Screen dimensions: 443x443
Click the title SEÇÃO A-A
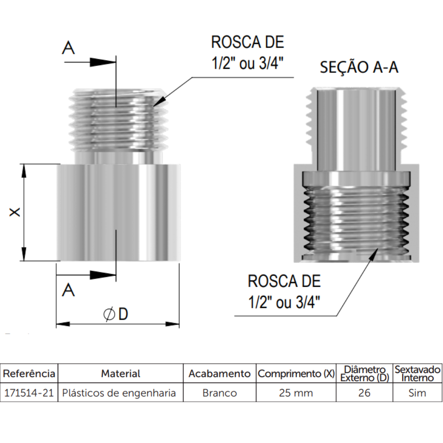tap(359, 67)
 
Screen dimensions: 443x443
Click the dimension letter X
tap(15, 213)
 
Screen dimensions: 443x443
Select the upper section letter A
tap(68, 48)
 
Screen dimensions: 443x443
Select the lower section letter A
tap(68, 290)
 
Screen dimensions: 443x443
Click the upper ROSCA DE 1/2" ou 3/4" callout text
tap(247, 53)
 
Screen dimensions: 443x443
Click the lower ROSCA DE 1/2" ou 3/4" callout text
tap(284, 292)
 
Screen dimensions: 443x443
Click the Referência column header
tap(29, 373)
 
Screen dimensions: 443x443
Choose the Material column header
tap(120, 373)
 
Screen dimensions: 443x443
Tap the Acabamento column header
tap(220, 373)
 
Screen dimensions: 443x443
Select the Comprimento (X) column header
tap(296, 373)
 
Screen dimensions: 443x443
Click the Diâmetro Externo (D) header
tap(364, 373)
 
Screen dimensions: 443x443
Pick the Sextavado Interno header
tap(417, 373)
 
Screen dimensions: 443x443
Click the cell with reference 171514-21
tap(29, 393)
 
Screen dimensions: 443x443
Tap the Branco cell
tap(220, 393)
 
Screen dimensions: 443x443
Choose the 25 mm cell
tap(296, 393)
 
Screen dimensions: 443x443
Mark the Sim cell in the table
tap(417, 393)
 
